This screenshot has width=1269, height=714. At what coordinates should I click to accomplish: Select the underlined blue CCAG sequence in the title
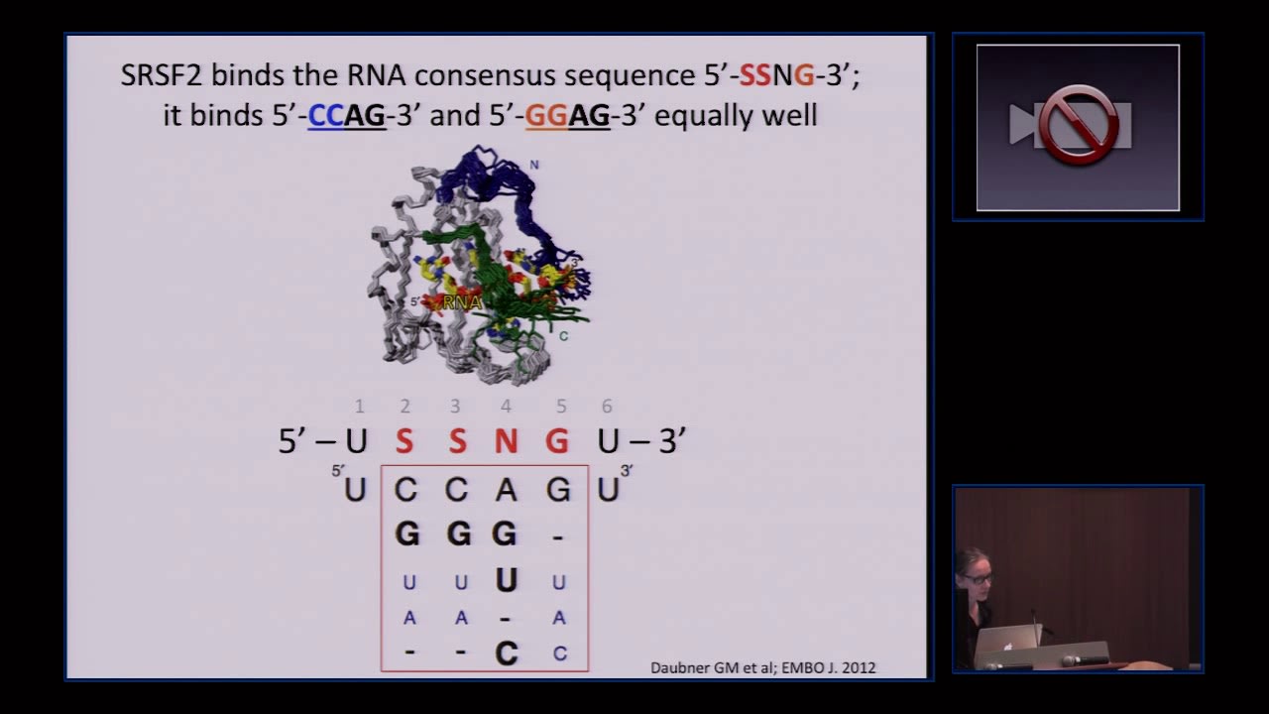346,116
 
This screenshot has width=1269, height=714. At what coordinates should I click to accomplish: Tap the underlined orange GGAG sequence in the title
567,116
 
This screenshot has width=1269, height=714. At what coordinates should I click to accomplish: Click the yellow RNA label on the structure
462,302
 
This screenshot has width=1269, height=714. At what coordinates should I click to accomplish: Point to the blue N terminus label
534,165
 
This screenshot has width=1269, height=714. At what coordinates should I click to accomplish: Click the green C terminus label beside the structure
563,336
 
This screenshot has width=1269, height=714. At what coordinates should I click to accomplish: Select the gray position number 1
359,406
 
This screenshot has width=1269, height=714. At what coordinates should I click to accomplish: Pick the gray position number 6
607,406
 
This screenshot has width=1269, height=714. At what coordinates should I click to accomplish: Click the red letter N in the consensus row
506,441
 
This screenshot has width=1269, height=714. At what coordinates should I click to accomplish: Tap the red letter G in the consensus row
557,441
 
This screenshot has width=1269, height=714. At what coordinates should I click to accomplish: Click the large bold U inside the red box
506,580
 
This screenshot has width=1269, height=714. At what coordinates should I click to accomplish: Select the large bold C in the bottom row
506,654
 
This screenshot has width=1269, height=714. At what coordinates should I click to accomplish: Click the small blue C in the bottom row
560,654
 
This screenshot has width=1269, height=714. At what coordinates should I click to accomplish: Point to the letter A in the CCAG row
506,489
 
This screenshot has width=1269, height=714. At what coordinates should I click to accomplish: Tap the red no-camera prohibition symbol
1078,125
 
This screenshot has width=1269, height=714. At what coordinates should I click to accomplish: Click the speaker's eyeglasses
977,577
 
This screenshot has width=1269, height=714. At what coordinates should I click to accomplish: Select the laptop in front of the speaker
1007,645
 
